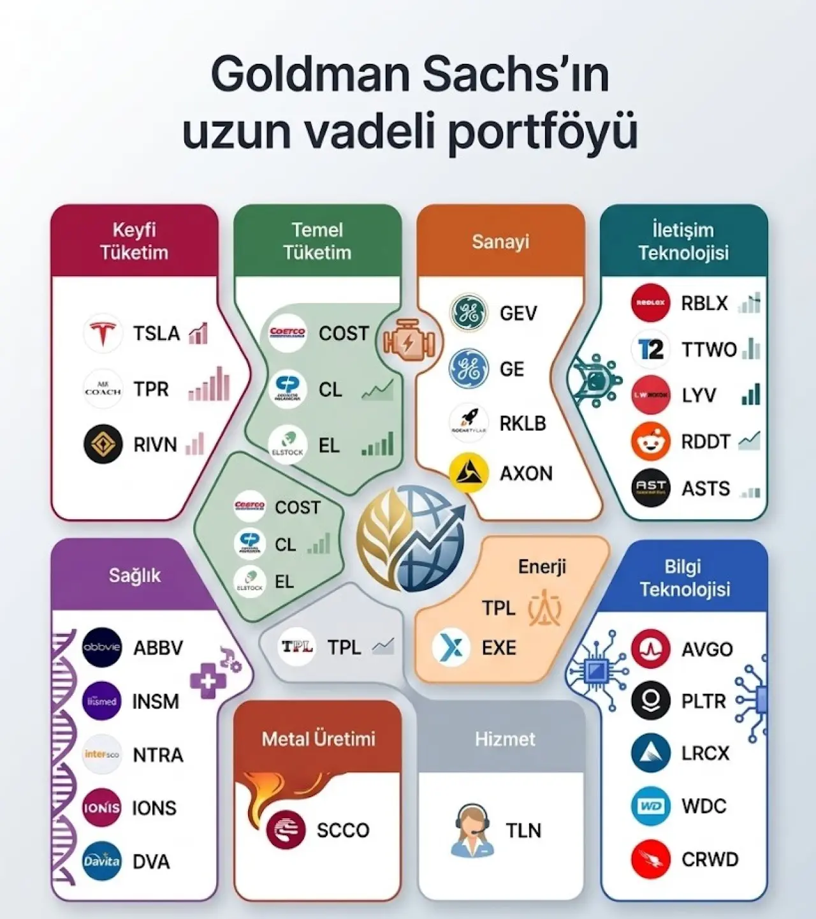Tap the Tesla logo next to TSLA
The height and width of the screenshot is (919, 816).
pos(103,333)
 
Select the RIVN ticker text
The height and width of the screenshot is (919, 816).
pos(155,445)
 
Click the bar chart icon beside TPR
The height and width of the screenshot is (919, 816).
pos(209,385)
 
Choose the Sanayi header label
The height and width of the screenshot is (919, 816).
pos(500,242)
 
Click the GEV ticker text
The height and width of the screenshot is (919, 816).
pos(518,313)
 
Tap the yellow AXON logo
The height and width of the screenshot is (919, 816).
pos(469,473)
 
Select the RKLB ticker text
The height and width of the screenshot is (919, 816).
pos(523,423)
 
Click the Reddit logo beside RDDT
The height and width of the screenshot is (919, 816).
pos(651,441)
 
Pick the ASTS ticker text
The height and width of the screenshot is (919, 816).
pos(706,489)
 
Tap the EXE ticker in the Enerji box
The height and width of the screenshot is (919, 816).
pos(499,648)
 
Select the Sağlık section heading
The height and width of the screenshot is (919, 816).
pos(135,575)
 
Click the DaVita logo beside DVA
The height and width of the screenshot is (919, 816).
pos(102,861)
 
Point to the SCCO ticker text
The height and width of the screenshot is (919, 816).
pos(343,830)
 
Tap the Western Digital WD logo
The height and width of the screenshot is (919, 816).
pos(651,806)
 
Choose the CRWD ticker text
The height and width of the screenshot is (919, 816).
pos(710,859)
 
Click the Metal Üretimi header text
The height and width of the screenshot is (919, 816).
pos(318,739)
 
